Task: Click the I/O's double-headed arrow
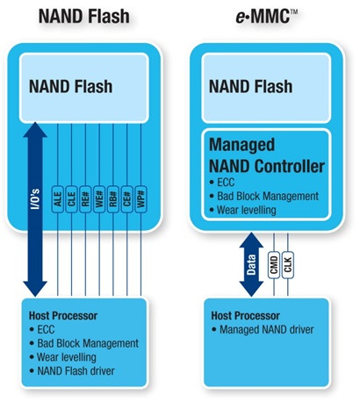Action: pyautogui.click(x=36, y=208)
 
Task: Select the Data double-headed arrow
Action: pyautogui.click(x=250, y=262)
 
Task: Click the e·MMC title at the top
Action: pyautogui.click(x=266, y=15)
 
